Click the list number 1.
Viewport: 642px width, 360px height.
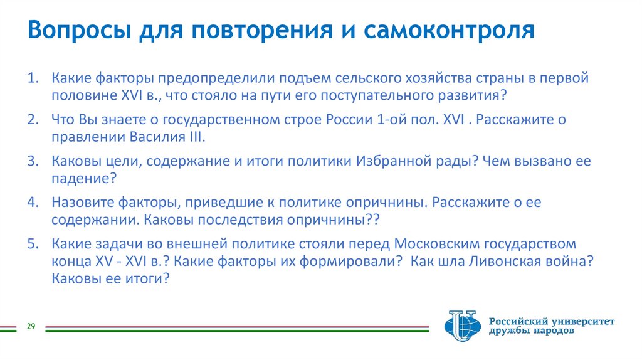32,79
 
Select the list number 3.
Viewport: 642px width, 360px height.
32,161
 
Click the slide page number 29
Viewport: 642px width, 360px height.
30,326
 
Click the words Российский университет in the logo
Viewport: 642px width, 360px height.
552,321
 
